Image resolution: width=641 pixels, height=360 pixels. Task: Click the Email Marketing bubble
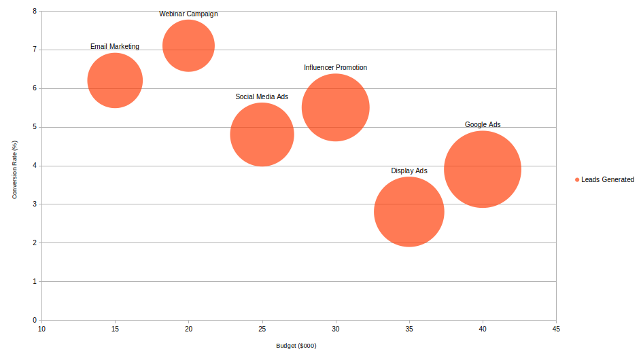click(115, 80)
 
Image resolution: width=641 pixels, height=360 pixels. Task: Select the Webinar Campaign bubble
click(188, 46)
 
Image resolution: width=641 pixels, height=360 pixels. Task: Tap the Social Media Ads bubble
click(262, 134)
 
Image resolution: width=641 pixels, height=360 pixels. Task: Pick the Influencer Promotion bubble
click(335, 107)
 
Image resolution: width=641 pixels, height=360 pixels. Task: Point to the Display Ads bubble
click(409, 212)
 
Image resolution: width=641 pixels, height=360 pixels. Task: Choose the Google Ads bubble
click(482, 169)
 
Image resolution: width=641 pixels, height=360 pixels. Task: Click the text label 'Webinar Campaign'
click(188, 14)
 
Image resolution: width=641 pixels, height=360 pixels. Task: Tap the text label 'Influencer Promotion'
click(335, 67)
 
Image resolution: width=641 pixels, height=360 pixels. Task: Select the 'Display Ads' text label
click(409, 170)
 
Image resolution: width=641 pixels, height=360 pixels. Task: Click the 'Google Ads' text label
click(482, 124)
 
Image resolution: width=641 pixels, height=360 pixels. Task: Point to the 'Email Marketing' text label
click(115, 47)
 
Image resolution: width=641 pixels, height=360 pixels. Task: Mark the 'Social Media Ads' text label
click(262, 96)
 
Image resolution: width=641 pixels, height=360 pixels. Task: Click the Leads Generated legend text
click(607, 180)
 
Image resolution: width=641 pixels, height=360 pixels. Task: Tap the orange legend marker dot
click(577, 180)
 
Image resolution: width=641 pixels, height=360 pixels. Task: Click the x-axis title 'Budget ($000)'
click(296, 346)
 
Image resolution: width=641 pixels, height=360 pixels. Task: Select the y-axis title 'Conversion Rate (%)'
click(14, 170)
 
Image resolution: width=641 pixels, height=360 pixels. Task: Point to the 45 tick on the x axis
click(555, 329)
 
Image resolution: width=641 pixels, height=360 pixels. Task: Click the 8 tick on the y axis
click(34, 12)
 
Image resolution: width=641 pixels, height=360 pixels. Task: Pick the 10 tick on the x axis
click(41, 329)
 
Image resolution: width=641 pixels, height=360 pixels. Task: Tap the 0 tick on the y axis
click(34, 320)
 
